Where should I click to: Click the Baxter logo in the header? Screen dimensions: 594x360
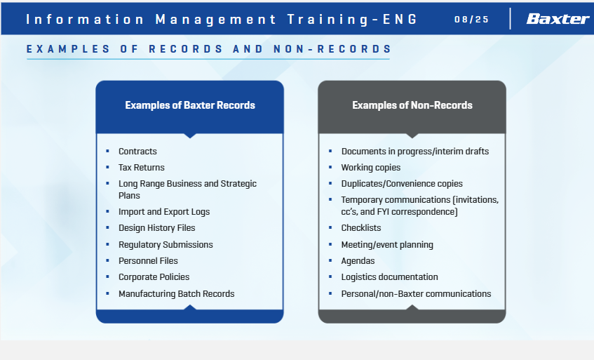click(558, 18)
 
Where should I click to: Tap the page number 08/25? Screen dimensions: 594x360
click(472, 20)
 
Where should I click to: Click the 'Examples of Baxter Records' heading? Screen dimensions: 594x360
click(190, 105)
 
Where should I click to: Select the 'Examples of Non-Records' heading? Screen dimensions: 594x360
click(412, 105)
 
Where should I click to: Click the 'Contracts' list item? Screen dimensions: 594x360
click(137, 151)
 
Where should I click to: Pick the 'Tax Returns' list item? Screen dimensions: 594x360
click(141, 168)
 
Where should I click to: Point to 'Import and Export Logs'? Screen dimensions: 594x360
click(164, 212)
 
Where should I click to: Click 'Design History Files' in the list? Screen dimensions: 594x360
click(157, 228)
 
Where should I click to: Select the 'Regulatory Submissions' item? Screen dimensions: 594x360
click(166, 244)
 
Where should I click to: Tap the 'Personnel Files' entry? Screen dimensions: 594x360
click(148, 261)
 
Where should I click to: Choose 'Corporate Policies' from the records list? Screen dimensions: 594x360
click(154, 277)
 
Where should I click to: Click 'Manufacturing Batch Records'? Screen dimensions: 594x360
click(177, 293)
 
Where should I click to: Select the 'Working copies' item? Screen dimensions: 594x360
click(370, 168)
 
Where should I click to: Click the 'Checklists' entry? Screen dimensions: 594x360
click(361, 228)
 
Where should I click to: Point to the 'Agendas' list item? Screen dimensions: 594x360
click(358, 261)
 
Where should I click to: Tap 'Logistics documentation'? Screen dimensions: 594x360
click(389, 277)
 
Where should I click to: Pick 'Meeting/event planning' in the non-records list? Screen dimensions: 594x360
click(387, 244)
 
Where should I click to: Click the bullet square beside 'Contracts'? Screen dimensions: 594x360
click(107, 151)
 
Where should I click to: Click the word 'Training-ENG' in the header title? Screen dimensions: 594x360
click(352, 20)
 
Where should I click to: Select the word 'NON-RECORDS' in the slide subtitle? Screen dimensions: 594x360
click(332, 49)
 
